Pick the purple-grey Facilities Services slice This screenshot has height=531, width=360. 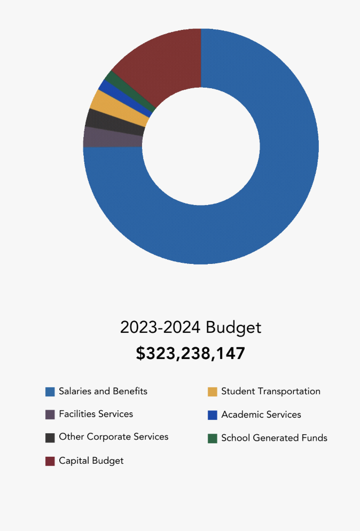click(x=112, y=138)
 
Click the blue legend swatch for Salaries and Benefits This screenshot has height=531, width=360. click(x=50, y=392)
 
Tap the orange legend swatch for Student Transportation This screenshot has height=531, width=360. click(x=213, y=392)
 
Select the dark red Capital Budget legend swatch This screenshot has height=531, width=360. click(x=50, y=461)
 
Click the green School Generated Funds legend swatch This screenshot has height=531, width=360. click(x=213, y=439)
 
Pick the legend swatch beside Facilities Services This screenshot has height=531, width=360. click(x=50, y=415)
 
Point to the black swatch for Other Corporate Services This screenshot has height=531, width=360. click(x=50, y=438)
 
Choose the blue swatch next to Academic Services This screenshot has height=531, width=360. click(x=213, y=415)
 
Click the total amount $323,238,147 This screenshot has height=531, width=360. click(x=190, y=354)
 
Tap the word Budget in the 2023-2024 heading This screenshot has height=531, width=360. click(x=233, y=327)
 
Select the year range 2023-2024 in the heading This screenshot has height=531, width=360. click(x=160, y=327)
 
